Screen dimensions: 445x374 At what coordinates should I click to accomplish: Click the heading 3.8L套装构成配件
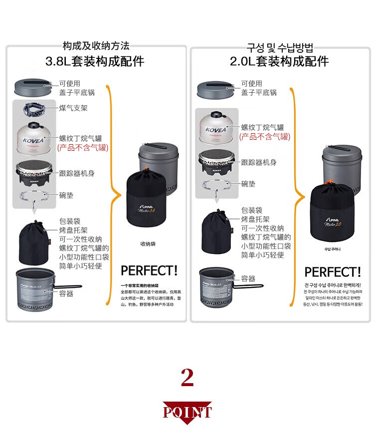tap(95, 61)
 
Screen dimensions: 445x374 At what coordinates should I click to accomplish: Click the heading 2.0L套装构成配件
tap(279, 61)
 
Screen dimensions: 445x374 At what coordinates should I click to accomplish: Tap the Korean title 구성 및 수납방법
tap(280, 48)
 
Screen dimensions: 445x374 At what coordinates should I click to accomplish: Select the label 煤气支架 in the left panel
tap(73, 108)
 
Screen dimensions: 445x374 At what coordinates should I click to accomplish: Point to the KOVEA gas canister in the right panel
tap(215, 127)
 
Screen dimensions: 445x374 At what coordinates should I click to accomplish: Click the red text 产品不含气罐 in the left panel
tap(83, 148)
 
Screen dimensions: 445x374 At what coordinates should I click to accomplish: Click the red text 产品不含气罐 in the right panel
tap(265, 137)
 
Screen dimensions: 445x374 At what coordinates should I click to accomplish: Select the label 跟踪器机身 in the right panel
tap(259, 162)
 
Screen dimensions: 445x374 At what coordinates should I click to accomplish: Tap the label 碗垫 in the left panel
tap(66, 195)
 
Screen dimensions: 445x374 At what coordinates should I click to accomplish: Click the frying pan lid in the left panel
tap(33, 87)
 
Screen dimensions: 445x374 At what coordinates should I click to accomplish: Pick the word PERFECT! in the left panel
tap(149, 270)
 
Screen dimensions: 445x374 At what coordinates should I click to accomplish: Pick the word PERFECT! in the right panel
tap(332, 272)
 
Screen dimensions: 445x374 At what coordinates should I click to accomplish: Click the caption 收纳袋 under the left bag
tap(148, 244)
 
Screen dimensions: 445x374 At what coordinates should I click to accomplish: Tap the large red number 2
tap(187, 378)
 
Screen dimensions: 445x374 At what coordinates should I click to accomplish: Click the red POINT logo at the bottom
tap(187, 412)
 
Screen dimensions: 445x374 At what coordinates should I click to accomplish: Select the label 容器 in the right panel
tap(248, 278)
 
